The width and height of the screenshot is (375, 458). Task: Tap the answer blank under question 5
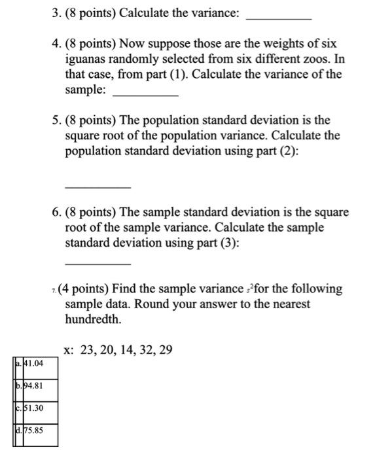pyautogui.click(x=98, y=187)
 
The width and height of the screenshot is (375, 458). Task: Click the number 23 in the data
pyautogui.click(x=87, y=350)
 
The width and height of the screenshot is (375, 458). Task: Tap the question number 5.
pyautogui.click(x=56, y=120)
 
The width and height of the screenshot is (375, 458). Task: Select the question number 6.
pyautogui.click(x=56, y=213)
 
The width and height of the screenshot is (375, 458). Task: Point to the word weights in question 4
pyautogui.click(x=286, y=44)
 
